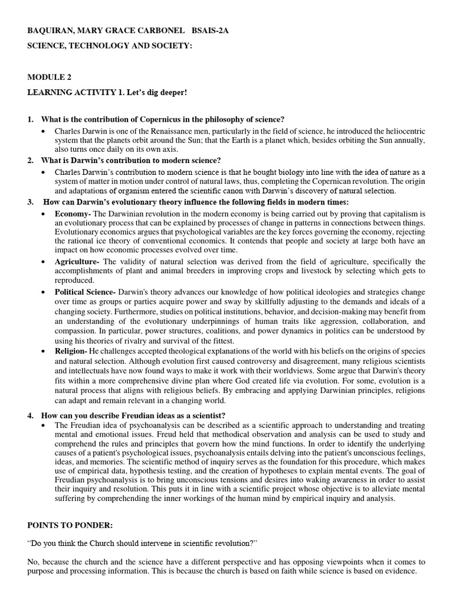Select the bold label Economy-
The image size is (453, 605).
73,213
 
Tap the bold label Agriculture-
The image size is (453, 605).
77,262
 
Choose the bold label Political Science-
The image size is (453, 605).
86,292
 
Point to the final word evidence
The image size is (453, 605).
398,571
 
